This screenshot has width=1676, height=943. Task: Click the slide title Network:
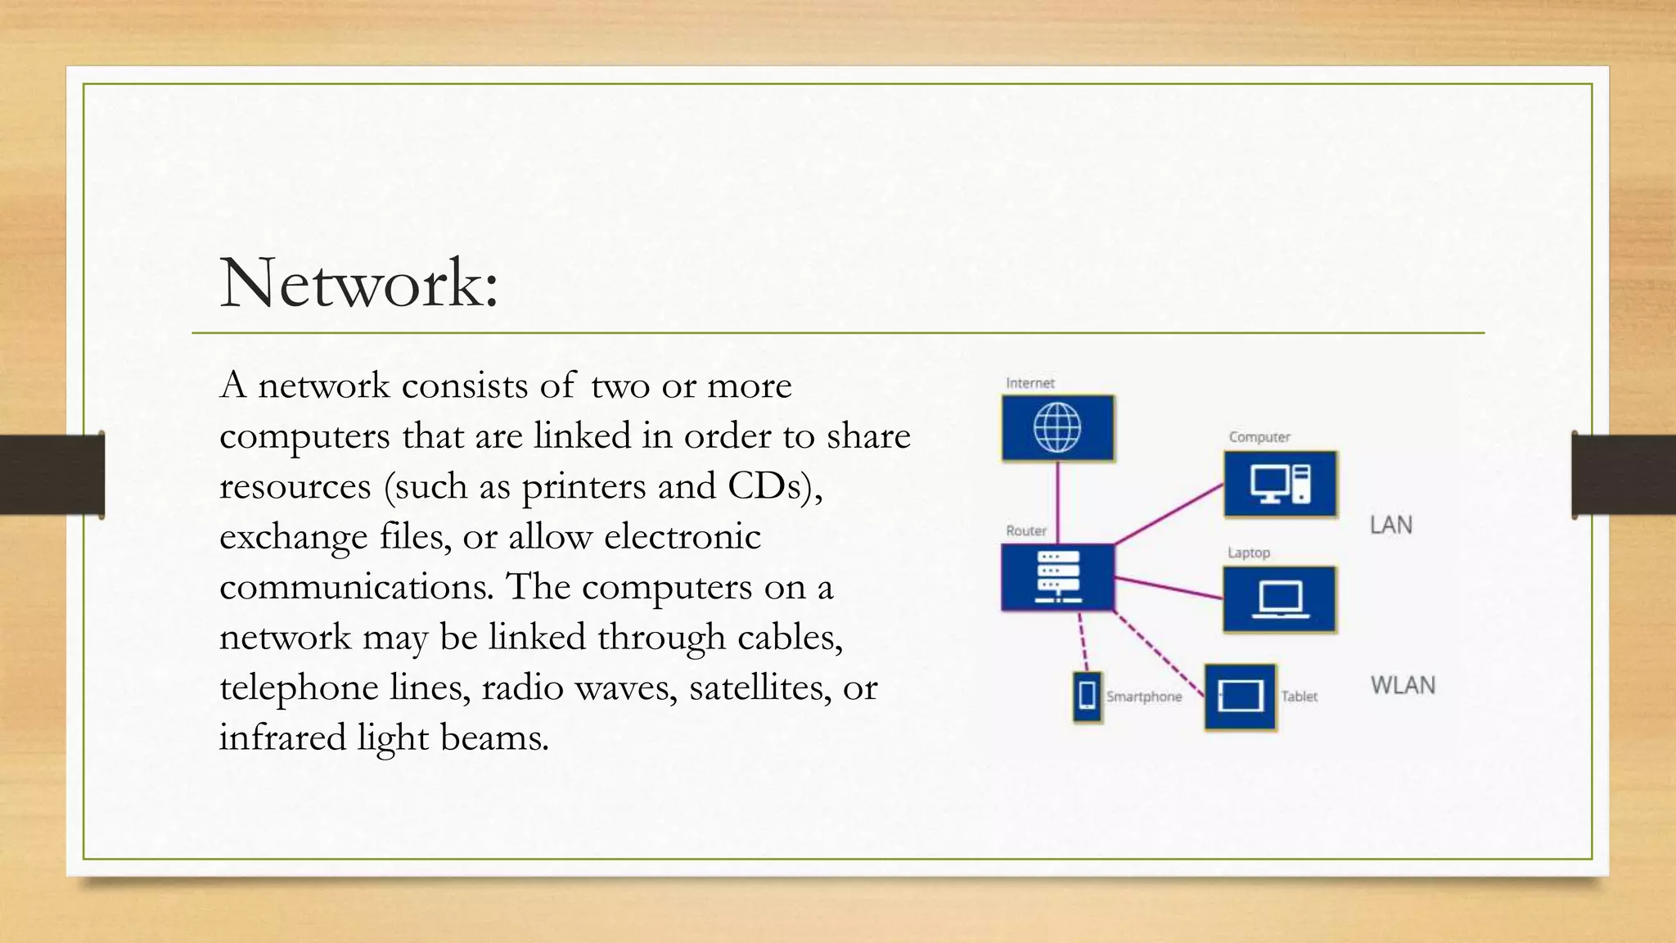[x=358, y=283]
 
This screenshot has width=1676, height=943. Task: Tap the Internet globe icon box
[x=1057, y=428]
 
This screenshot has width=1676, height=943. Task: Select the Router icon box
[x=1057, y=577]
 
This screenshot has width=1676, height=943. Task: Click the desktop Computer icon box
[x=1281, y=484]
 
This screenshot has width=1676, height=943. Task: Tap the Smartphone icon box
[x=1088, y=697]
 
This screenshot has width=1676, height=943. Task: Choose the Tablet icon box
[x=1241, y=697]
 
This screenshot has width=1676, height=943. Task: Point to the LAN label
[x=1391, y=525]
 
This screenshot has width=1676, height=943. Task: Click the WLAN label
[x=1403, y=685]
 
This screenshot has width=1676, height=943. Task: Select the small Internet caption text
[x=1030, y=383]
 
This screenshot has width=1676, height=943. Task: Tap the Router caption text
[x=1026, y=530]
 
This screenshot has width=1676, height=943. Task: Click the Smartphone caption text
[x=1144, y=697]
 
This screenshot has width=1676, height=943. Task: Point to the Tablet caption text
[x=1300, y=697]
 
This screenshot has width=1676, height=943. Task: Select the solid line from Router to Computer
[x=1169, y=514]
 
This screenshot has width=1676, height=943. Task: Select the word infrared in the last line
[x=282, y=738]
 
